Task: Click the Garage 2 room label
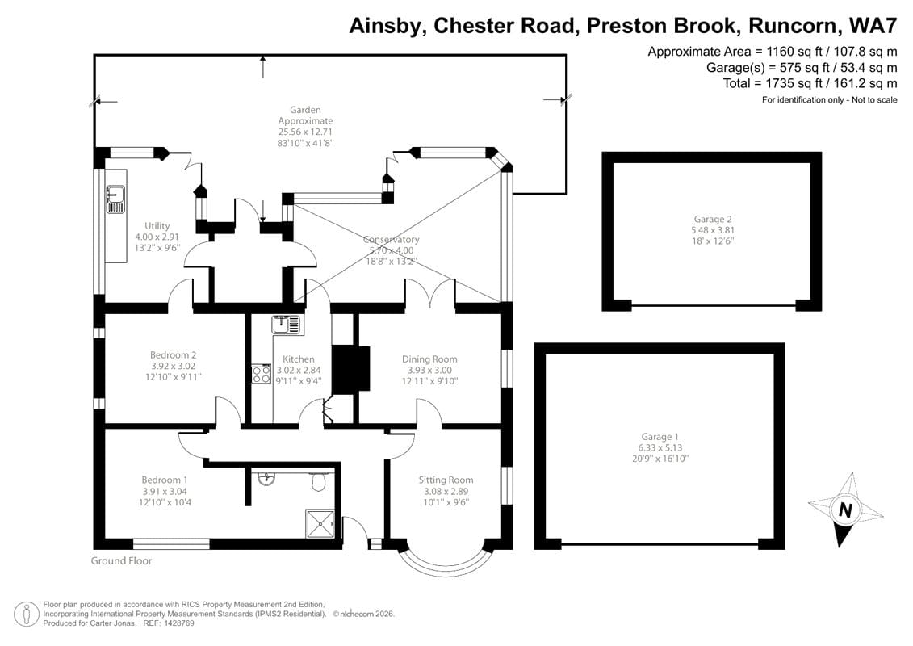pyautogui.click(x=713, y=219)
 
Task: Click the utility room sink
pyautogui.click(x=115, y=199)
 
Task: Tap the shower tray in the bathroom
pyautogui.click(x=320, y=524)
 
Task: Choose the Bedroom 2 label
pyautogui.click(x=173, y=354)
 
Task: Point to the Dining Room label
pyautogui.click(x=429, y=359)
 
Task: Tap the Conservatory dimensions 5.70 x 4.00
pyautogui.click(x=391, y=250)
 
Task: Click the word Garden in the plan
pyautogui.click(x=305, y=110)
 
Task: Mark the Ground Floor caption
pyautogui.click(x=121, y=560)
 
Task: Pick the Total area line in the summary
pyautogui.click(x=810, y=82)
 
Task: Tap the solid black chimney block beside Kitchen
pyautogui.click(x=350, y=370)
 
